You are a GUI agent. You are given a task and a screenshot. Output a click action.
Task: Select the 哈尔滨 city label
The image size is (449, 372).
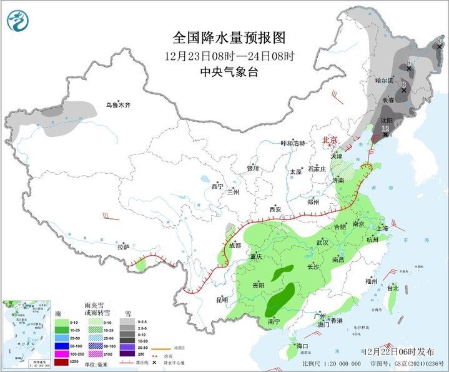click(x=385, y=81)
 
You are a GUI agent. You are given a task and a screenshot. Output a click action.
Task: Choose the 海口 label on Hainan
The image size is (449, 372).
click(x=303, y=346)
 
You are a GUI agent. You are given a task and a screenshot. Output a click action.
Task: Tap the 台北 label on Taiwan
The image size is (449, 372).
click(x=392, y=288)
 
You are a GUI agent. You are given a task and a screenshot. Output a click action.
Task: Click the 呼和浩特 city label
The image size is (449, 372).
click(x=293, y=143)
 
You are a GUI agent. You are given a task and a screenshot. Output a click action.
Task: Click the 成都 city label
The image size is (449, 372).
click(x=235, y=244)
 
